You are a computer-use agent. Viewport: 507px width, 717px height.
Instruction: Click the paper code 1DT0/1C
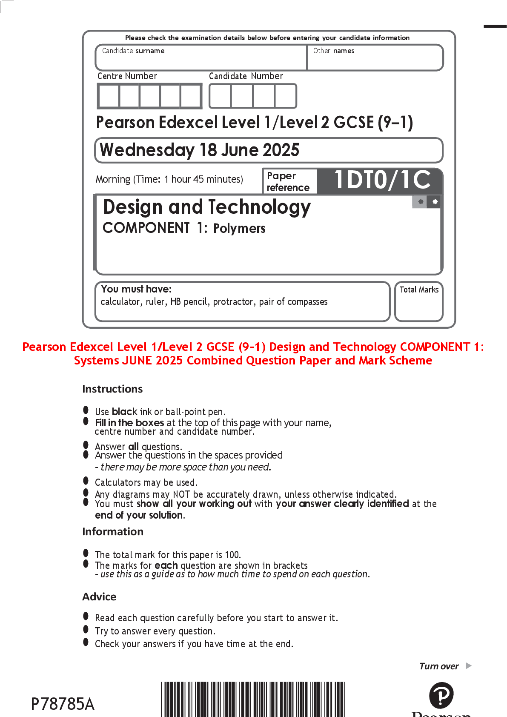(x=382, y=180)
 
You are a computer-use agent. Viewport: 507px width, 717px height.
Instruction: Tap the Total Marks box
(x=418, y=301)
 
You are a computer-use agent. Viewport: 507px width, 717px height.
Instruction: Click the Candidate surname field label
(x=133, y=51)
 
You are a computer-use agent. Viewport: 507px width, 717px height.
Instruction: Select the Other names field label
(x=333, y=51)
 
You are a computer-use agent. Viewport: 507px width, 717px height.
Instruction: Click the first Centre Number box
(x=109, y=96)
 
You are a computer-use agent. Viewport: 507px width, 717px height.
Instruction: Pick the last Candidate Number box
(x=286, y=96)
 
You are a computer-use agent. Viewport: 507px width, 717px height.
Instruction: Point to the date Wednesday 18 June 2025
(x=199, y=150)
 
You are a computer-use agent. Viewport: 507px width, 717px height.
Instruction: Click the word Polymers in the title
(x=239, y=229)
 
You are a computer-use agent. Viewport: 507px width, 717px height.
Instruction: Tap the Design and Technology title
(x=207, y=207)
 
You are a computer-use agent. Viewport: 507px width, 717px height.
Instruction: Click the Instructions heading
(x=112, y=389)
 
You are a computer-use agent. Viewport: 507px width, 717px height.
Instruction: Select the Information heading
(x=113, y=532)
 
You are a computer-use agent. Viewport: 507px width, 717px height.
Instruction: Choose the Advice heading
(x=99, y=597)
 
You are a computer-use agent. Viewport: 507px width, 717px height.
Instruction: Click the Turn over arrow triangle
(x=469, y=666)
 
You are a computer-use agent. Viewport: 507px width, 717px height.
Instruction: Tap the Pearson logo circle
(x=441, y=695)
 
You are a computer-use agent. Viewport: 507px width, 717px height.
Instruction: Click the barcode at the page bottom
(x=253, y=699)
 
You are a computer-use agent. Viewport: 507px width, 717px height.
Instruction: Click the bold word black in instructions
(x=124, y=412)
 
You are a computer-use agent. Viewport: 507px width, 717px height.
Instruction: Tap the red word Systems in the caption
(x=97, y=361)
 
